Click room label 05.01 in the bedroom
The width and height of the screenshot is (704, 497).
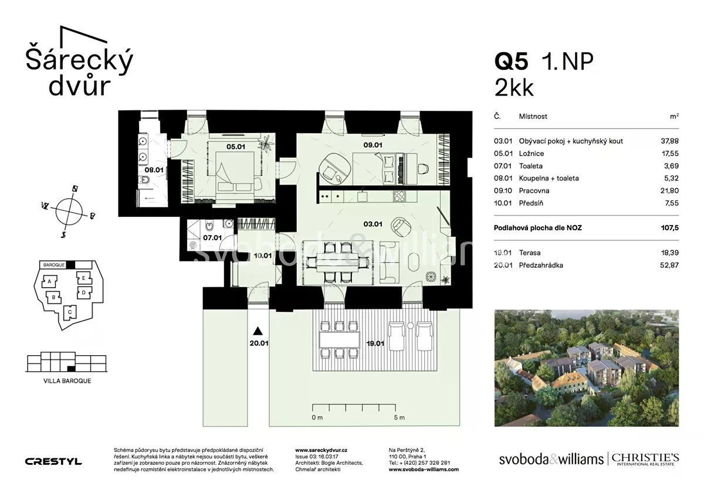pos(236,147)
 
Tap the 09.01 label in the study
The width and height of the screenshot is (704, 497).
pos(373,145)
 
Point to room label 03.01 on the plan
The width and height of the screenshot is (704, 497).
pos(373,224)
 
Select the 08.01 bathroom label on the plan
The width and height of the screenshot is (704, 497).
pos(154,170)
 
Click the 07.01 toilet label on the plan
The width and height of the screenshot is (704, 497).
pos(212,238)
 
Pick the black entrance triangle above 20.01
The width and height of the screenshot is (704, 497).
pos(258,331)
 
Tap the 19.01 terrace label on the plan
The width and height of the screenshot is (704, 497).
pos(375,343)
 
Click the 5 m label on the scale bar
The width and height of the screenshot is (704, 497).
pos(399,417)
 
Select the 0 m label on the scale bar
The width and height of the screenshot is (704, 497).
pos(317,417)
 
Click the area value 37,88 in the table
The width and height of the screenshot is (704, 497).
pos(669,141)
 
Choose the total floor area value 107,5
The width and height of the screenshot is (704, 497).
pos(669,228)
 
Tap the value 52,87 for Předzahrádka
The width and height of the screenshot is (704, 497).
pos(669,265)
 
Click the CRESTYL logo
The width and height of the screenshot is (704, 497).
pos(53,461)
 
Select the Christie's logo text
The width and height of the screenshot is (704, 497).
pos(645,459)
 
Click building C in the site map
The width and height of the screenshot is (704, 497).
pos(70,312)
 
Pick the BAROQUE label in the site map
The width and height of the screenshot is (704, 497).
pos(54,265)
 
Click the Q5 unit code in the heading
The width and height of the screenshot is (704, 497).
pos(512,62)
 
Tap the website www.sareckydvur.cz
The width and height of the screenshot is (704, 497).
pos(321,450)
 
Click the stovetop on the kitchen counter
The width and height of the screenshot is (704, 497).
pos(399,196)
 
